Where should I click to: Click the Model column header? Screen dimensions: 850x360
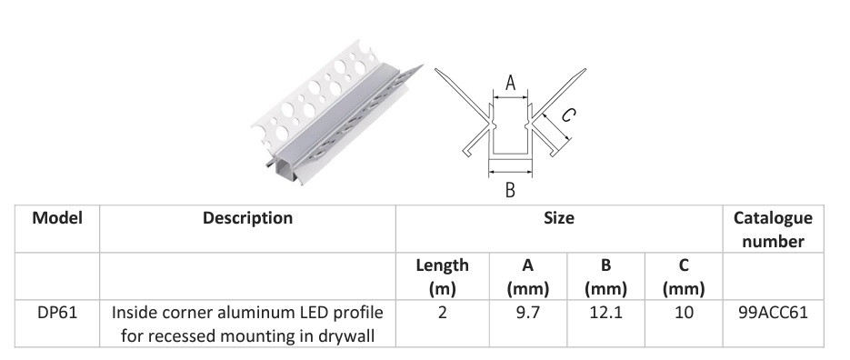57,218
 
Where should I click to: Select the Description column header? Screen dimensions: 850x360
247,218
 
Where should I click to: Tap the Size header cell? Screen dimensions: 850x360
559,218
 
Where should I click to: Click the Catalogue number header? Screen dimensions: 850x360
773,229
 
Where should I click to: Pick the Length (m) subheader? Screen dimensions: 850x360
442,277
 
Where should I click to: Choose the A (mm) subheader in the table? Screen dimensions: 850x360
527,277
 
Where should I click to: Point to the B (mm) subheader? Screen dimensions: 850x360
605,277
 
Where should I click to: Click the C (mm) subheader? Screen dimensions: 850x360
684,277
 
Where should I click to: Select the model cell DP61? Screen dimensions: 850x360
57,313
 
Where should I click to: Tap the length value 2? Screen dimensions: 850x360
443,313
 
